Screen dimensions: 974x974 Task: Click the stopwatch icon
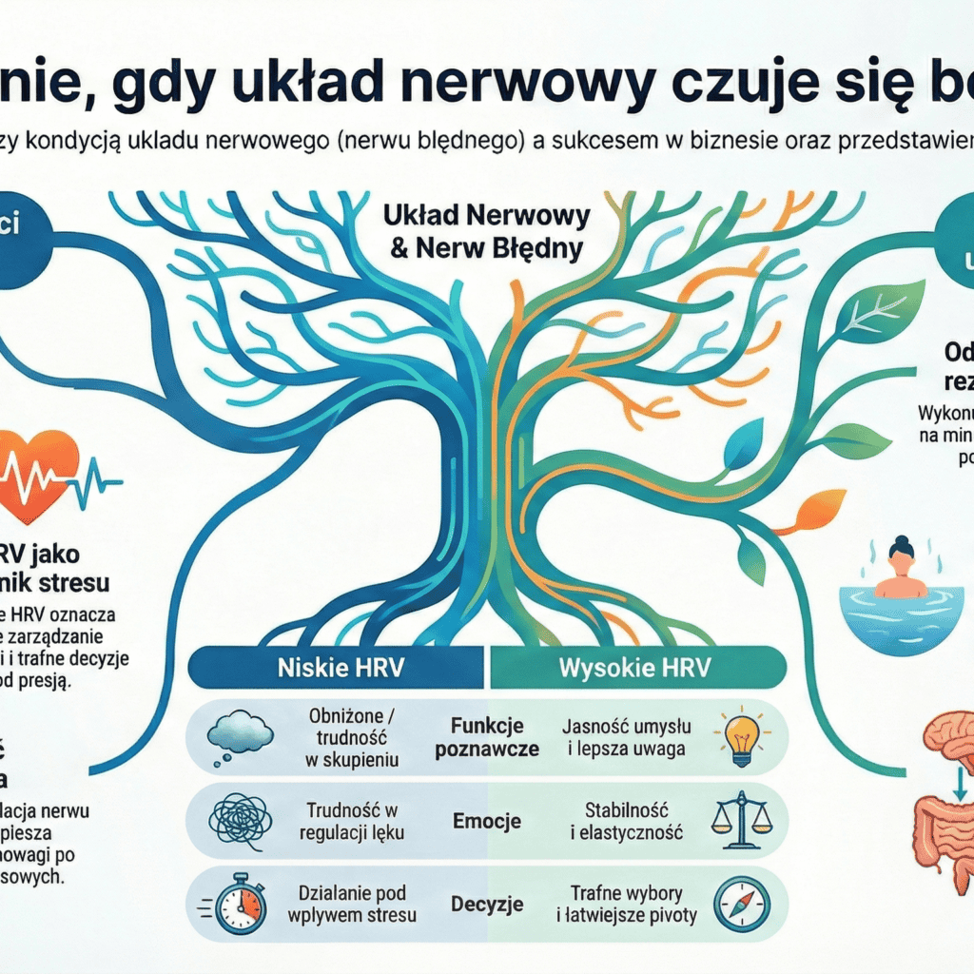click(x=238, y=903)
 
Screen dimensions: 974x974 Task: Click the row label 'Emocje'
click(x=487, y=819)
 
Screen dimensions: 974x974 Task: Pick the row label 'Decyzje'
click(x=487, y=903)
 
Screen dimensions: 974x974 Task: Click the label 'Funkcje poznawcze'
click(x=487, y=737)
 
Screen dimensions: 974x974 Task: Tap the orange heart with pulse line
click(x=38, y=474)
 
